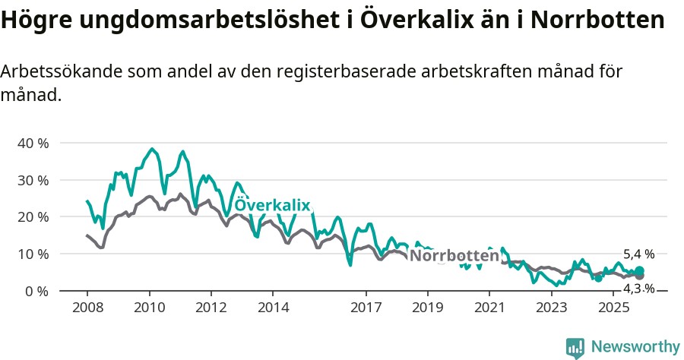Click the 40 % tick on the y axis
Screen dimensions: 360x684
click(x=33, y=144)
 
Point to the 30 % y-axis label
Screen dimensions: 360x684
click(x=33, y=181)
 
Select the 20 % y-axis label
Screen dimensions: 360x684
click(x=33, y=217)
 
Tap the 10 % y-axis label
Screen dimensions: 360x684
click(x=33, y=254)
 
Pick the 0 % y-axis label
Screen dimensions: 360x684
click(x=36, y=291)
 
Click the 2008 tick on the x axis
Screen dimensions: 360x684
click(x=87, y=308)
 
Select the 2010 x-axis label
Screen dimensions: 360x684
click(x=149, y=308)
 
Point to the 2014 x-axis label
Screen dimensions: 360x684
click(x=273, y=308)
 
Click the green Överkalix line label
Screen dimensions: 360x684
click(x=272, y=206)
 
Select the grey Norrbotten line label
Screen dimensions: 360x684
click(x=454, y=256)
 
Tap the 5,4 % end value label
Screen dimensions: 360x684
click(x=638, y=254)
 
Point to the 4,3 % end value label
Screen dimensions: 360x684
click(x=638, y=289)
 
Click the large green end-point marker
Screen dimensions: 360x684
click(x=639, y=271)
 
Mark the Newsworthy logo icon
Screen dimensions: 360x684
click(x=575, y=347)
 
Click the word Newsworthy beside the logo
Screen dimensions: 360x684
click(x=635, y=347)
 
